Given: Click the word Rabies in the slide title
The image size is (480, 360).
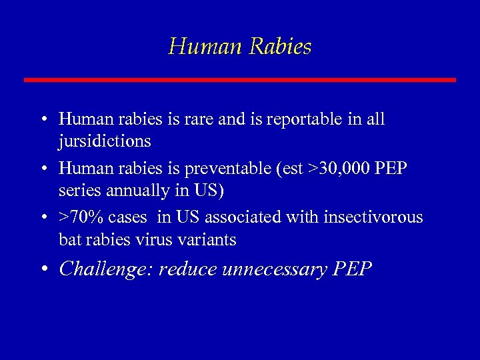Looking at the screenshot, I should coord(280,47).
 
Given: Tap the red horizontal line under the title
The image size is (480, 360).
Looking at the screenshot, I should coord(240,80).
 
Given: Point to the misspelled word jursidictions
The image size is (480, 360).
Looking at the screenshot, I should coord(105,142).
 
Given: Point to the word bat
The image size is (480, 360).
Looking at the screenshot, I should coord(69,239).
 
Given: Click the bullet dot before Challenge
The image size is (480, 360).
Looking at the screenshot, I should coord(43,269).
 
